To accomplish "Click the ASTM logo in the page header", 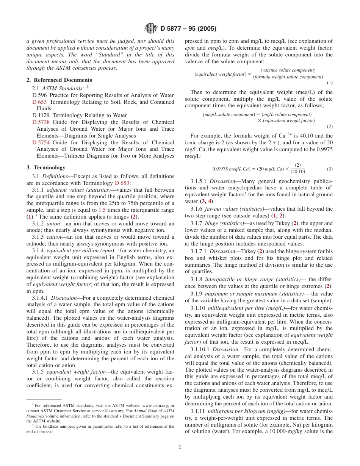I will (151, 28).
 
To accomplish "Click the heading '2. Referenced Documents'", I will (59, 80).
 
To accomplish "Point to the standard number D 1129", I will (41, 115).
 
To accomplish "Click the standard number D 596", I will (40, 95).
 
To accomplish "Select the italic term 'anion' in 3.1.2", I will (53, 224).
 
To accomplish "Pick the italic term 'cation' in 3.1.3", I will (54, 237).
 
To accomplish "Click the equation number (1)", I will (329, 83).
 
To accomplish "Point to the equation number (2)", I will (329, 127).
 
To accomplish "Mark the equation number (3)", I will (329, 169).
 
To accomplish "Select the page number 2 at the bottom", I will (180, 447).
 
